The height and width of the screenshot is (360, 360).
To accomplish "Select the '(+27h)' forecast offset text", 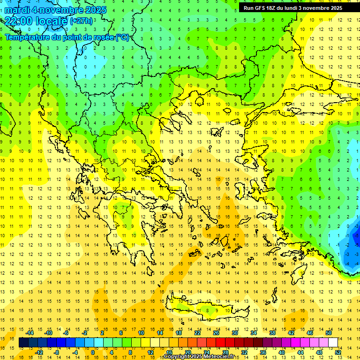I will tap(81, 21).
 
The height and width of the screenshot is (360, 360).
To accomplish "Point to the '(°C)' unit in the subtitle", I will tap(121, 37).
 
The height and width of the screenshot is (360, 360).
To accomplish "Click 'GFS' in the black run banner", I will tap(259, 8).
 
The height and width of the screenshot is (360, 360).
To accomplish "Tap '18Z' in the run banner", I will tap(271, 8).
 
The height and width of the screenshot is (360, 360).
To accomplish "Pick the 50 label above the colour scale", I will tap(329, 333).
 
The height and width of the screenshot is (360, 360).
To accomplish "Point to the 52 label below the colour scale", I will tap(338, 352).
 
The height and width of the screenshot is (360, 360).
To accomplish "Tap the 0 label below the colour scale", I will tap(93, 352).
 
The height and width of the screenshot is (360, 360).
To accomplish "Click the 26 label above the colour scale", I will tap(216, 333).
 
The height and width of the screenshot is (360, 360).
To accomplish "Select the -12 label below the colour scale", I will tap(38, 352).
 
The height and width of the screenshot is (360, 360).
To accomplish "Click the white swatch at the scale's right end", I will tap(333, 342).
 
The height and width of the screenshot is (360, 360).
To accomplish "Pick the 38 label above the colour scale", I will tap(272, 333).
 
